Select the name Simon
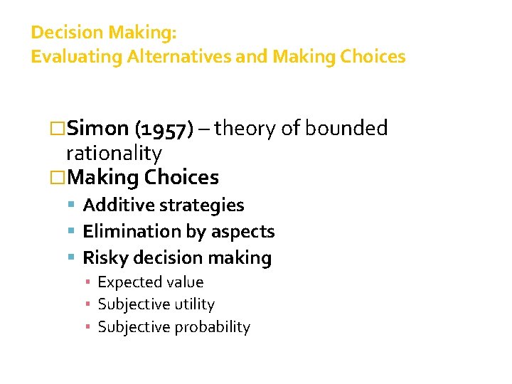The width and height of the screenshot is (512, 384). [x=97, y=129]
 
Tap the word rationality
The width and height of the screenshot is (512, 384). [x=114, y=152]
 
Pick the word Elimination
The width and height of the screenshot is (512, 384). [x=127, y=232]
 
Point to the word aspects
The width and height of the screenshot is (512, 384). [x=239, y=232]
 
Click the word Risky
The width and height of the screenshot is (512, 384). [x=104, y=257]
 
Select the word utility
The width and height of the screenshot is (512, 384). [x=191, y=304]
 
